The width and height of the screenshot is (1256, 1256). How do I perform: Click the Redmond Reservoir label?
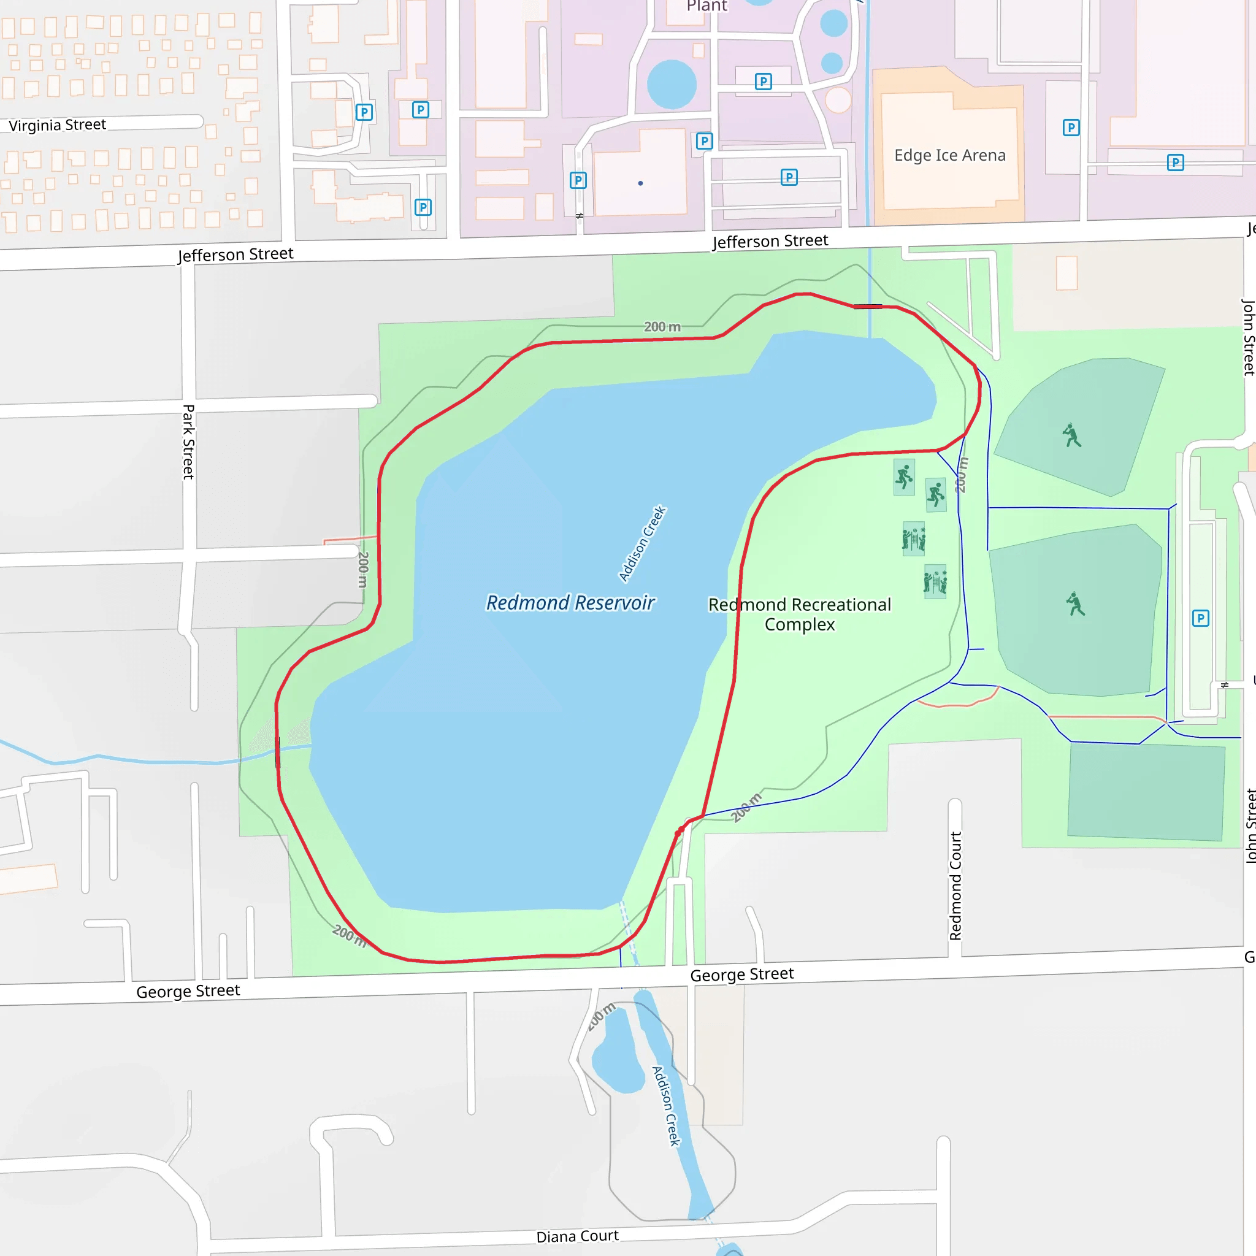coord(570,603)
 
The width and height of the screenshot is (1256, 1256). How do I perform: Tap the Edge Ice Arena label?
coord(949,155)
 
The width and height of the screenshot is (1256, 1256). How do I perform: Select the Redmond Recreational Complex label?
coord(799,615)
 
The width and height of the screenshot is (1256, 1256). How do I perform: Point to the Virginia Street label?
coord(57,125)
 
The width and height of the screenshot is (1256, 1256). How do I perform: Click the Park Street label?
coord(188,442)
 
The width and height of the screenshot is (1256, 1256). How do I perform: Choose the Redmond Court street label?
coord(955,886)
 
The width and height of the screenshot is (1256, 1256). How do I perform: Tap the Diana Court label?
coord(577,1236)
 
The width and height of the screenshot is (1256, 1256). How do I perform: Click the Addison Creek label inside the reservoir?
coord(642,543)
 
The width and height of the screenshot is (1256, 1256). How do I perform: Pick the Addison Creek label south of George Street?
coord(667,1106)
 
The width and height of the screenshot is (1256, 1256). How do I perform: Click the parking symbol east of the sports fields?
coord(1200,618)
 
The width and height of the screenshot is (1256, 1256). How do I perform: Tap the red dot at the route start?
coord(679,833)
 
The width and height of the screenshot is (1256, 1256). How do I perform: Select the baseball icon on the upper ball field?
coord(1071,435)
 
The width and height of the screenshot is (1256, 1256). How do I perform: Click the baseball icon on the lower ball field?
coord(1075,604)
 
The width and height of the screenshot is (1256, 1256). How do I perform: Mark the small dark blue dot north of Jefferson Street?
coord(640,183)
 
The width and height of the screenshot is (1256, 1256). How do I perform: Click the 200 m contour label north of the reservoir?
coord(662,327)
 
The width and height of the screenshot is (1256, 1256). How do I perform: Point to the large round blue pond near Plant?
coord(672,84)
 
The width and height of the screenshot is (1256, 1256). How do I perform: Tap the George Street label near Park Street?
coord(188,991)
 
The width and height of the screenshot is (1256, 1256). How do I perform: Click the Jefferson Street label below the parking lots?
coord(770,241)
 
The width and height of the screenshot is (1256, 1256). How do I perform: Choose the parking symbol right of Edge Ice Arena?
coord(1071,128)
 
